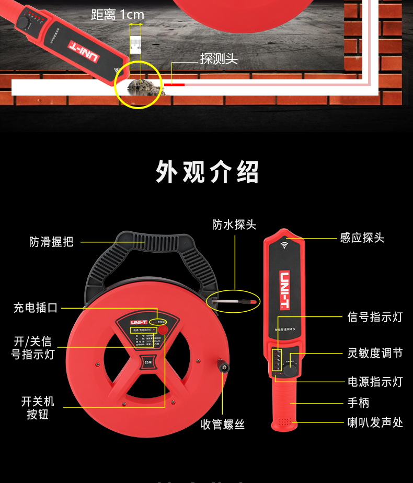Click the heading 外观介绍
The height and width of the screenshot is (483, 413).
[x=207, y=172]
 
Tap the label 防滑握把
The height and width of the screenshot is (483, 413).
[x=51, y=242]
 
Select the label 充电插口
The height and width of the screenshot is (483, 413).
[x=36, y=308]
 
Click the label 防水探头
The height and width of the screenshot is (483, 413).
[x=234, y=225]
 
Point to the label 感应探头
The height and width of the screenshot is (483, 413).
[x=362, y=238]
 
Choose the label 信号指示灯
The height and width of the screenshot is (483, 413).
[x=375, y=317]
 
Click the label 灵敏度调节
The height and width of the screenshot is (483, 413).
[x=375, y=354]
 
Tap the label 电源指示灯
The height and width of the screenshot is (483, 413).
[x=375, y=382]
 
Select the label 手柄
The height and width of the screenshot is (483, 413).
[x=358, y=403]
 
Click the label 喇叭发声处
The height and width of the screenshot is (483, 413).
[x=375, y=422]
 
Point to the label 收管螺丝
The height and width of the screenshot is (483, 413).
[x=223, y=425]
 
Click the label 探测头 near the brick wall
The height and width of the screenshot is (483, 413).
[x=219, y=59]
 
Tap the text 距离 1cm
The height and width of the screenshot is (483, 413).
[x=117, y=15]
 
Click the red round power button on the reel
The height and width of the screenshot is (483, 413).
[x=163, y=330]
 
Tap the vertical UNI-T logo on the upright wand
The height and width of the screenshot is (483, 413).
[x=285, y=289]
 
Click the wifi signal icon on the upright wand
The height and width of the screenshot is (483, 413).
[x=285, y=244]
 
